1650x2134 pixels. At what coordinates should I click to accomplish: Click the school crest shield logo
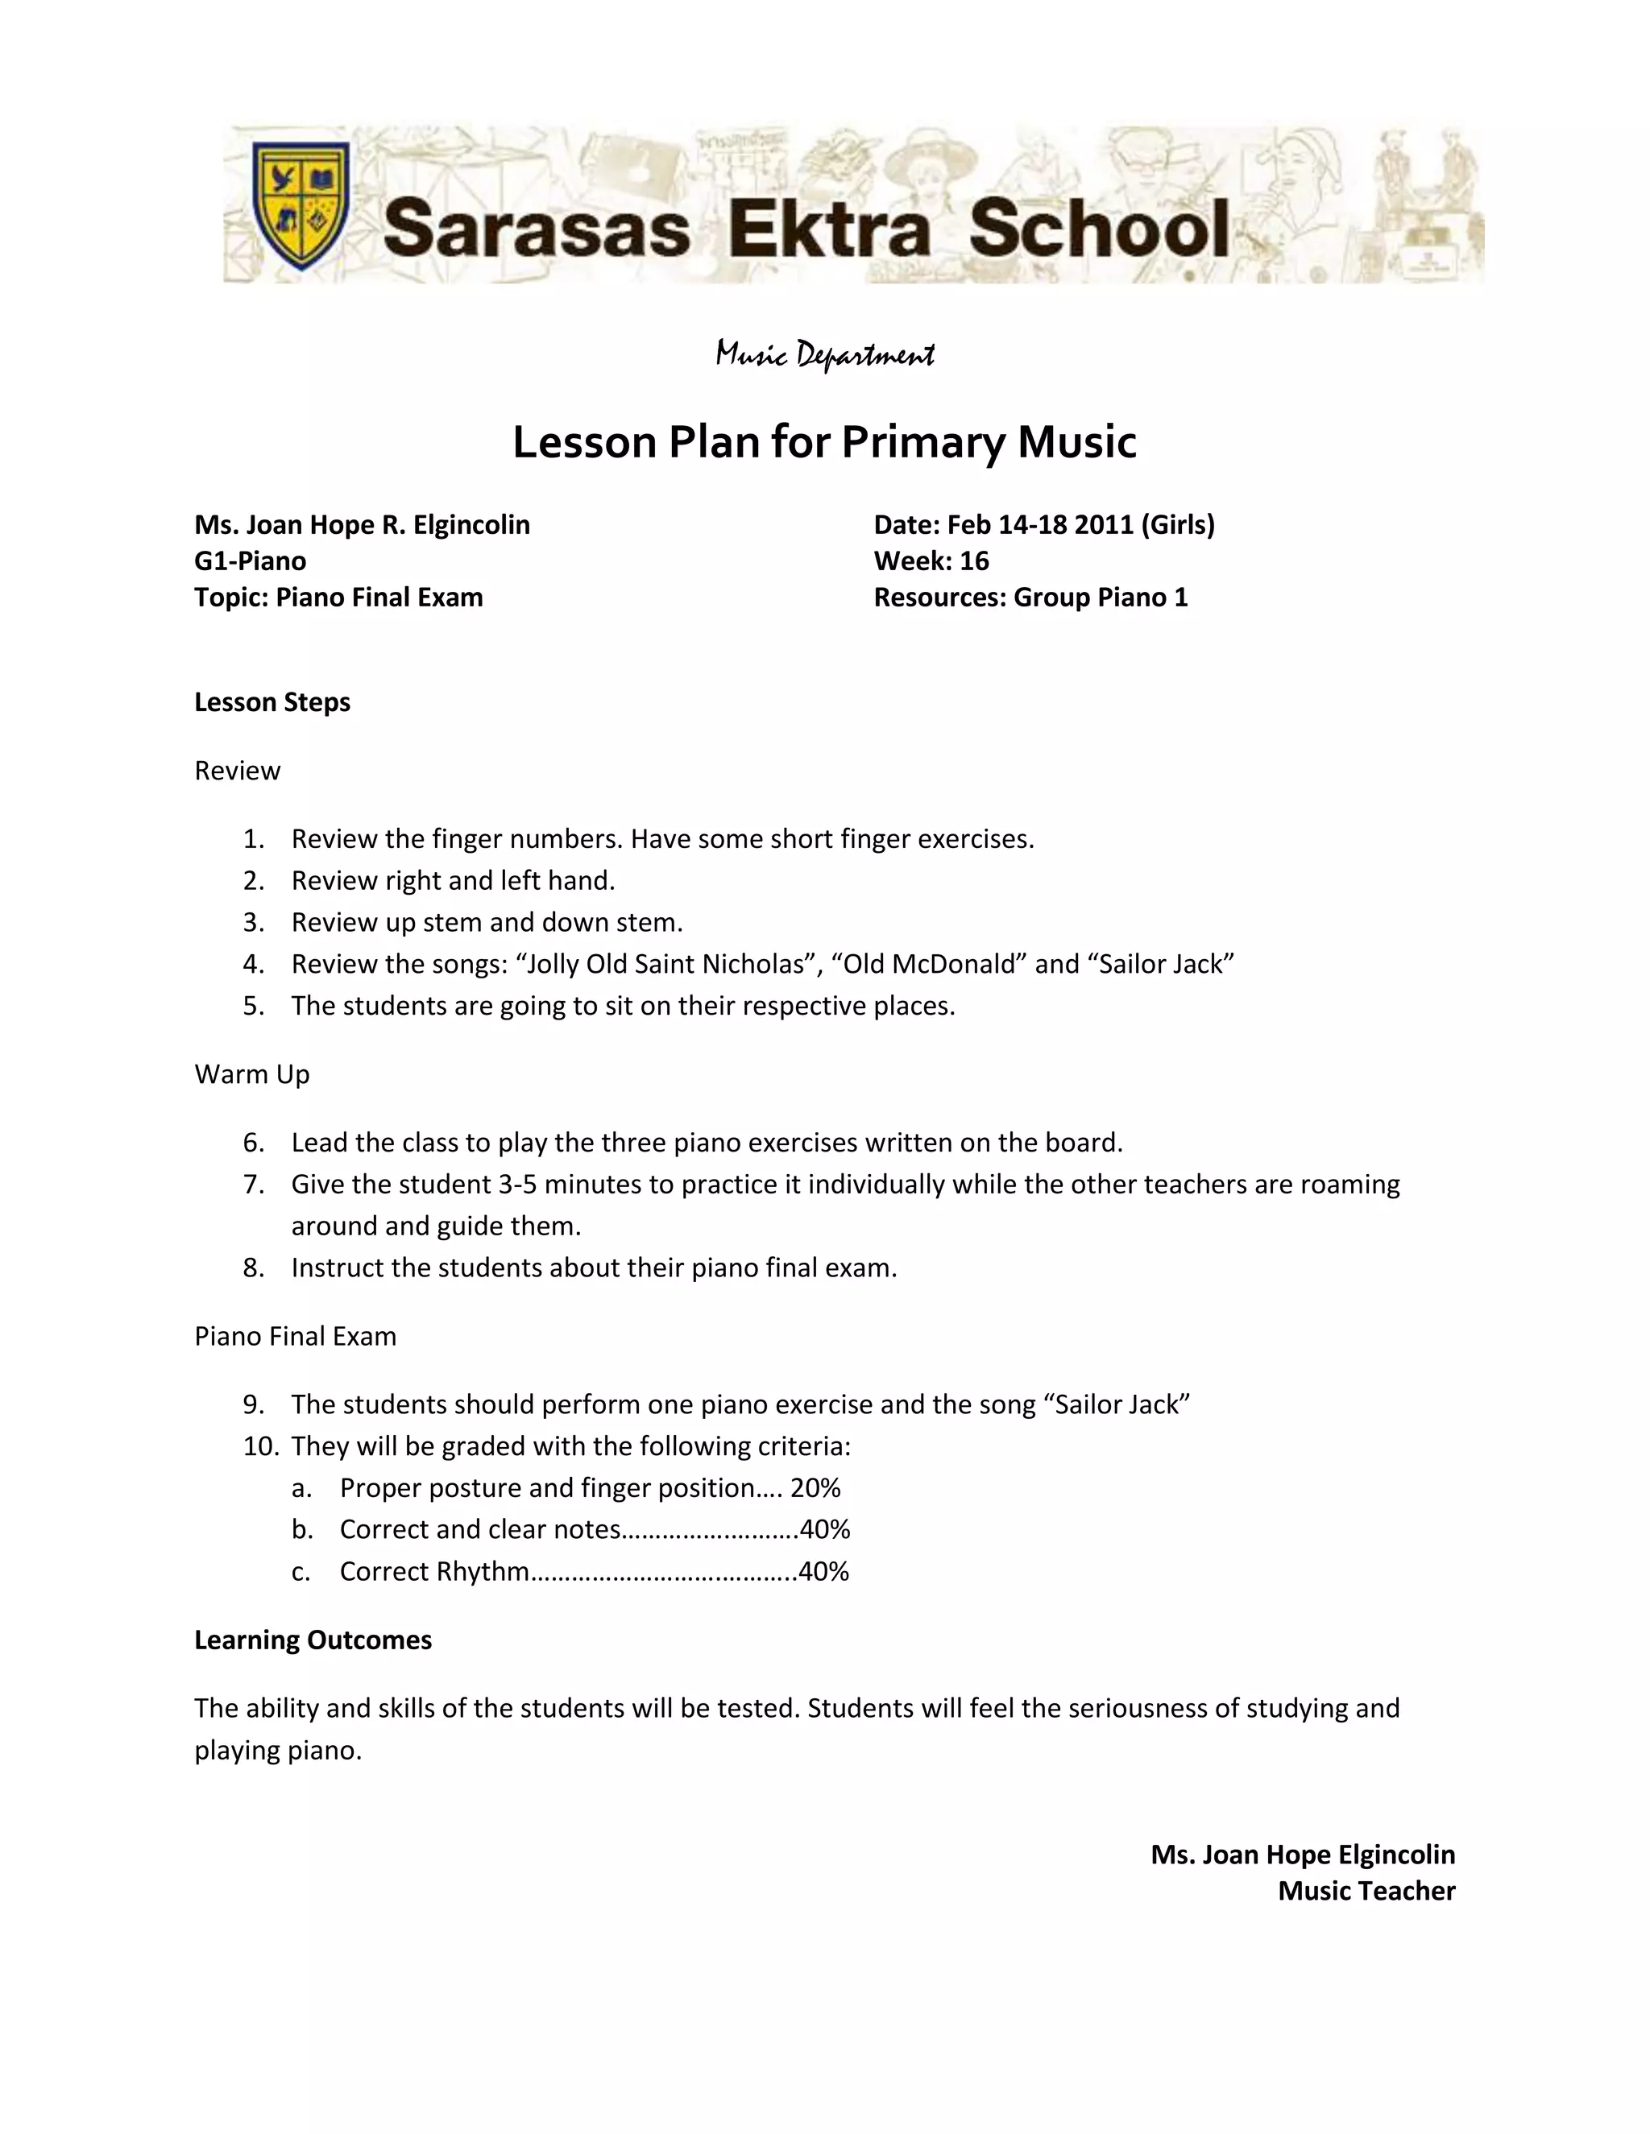pyautogui.click(x=300, y=205)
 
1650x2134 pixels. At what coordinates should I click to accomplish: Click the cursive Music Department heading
pyautogui.click(x=825, y=354)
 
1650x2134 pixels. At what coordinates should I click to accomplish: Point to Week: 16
pyautogui.click(x=931, y=560)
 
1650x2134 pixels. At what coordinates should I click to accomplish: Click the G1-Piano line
pyautogui.click(x=251, y=560)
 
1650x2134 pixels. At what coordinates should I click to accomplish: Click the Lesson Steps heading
pyautogui.click(x=272, y=702)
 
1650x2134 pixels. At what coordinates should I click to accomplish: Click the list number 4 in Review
pyautogui.click(x=253, y=965)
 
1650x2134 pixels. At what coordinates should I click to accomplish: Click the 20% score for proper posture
pyautogui.click(x=815, y=1488)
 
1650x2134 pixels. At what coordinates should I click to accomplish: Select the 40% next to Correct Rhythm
pyautogui.click(x=824, y=1571)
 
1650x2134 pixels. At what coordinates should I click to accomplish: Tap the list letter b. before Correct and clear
pyautogui.click(x=302, y=1529)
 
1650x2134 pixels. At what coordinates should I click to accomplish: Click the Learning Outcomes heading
pyautogui.click(x=313, y=1640)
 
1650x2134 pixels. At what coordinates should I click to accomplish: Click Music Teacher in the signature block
pyautogui.click(x=1366, y=1891)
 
